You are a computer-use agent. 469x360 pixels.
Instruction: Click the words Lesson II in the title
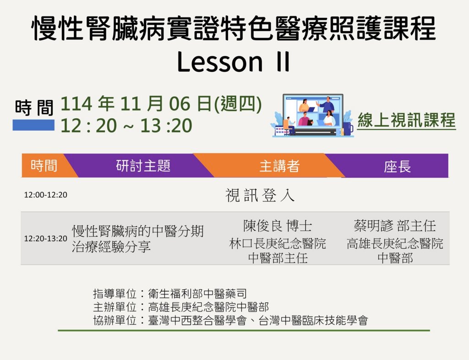click(x=233, y=61)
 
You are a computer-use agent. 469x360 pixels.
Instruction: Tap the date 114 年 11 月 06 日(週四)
click(x=161, y=104)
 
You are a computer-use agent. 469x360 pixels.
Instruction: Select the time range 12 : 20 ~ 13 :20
click(x=126, y=125)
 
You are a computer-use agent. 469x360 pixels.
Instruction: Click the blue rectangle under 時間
click(x=33, y=125)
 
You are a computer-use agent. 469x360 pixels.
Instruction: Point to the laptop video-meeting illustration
click(x=312, y=116)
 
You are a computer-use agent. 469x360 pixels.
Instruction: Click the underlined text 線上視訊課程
click(x=407, y=120)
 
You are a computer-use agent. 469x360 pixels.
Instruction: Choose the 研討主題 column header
click(x=143, y=166)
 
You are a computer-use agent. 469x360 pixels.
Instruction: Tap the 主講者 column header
click(x=279, y=166)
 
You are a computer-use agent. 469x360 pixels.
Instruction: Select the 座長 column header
click(x=397, y=166)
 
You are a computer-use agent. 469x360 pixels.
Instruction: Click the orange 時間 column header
click(x=44, y=166)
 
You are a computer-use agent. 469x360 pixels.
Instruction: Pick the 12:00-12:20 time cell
click(x=46, y=195)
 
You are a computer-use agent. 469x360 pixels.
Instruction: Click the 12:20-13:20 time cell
click(x=46, y=239)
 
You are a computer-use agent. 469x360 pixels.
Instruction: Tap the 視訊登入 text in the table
click(x=260, y=196)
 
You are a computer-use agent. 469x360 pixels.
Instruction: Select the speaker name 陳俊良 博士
click(x=278, y=226)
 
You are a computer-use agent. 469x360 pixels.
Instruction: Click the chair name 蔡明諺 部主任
click(x=395, y=226)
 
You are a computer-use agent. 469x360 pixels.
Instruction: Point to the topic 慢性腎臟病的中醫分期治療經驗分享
click(x=137, y=239)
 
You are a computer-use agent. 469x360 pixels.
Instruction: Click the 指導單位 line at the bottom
click(x=170, y=294)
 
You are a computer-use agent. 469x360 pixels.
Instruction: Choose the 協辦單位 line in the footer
click(x=230, y=321)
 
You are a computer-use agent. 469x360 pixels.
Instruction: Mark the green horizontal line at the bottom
click(x=244, y=330)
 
